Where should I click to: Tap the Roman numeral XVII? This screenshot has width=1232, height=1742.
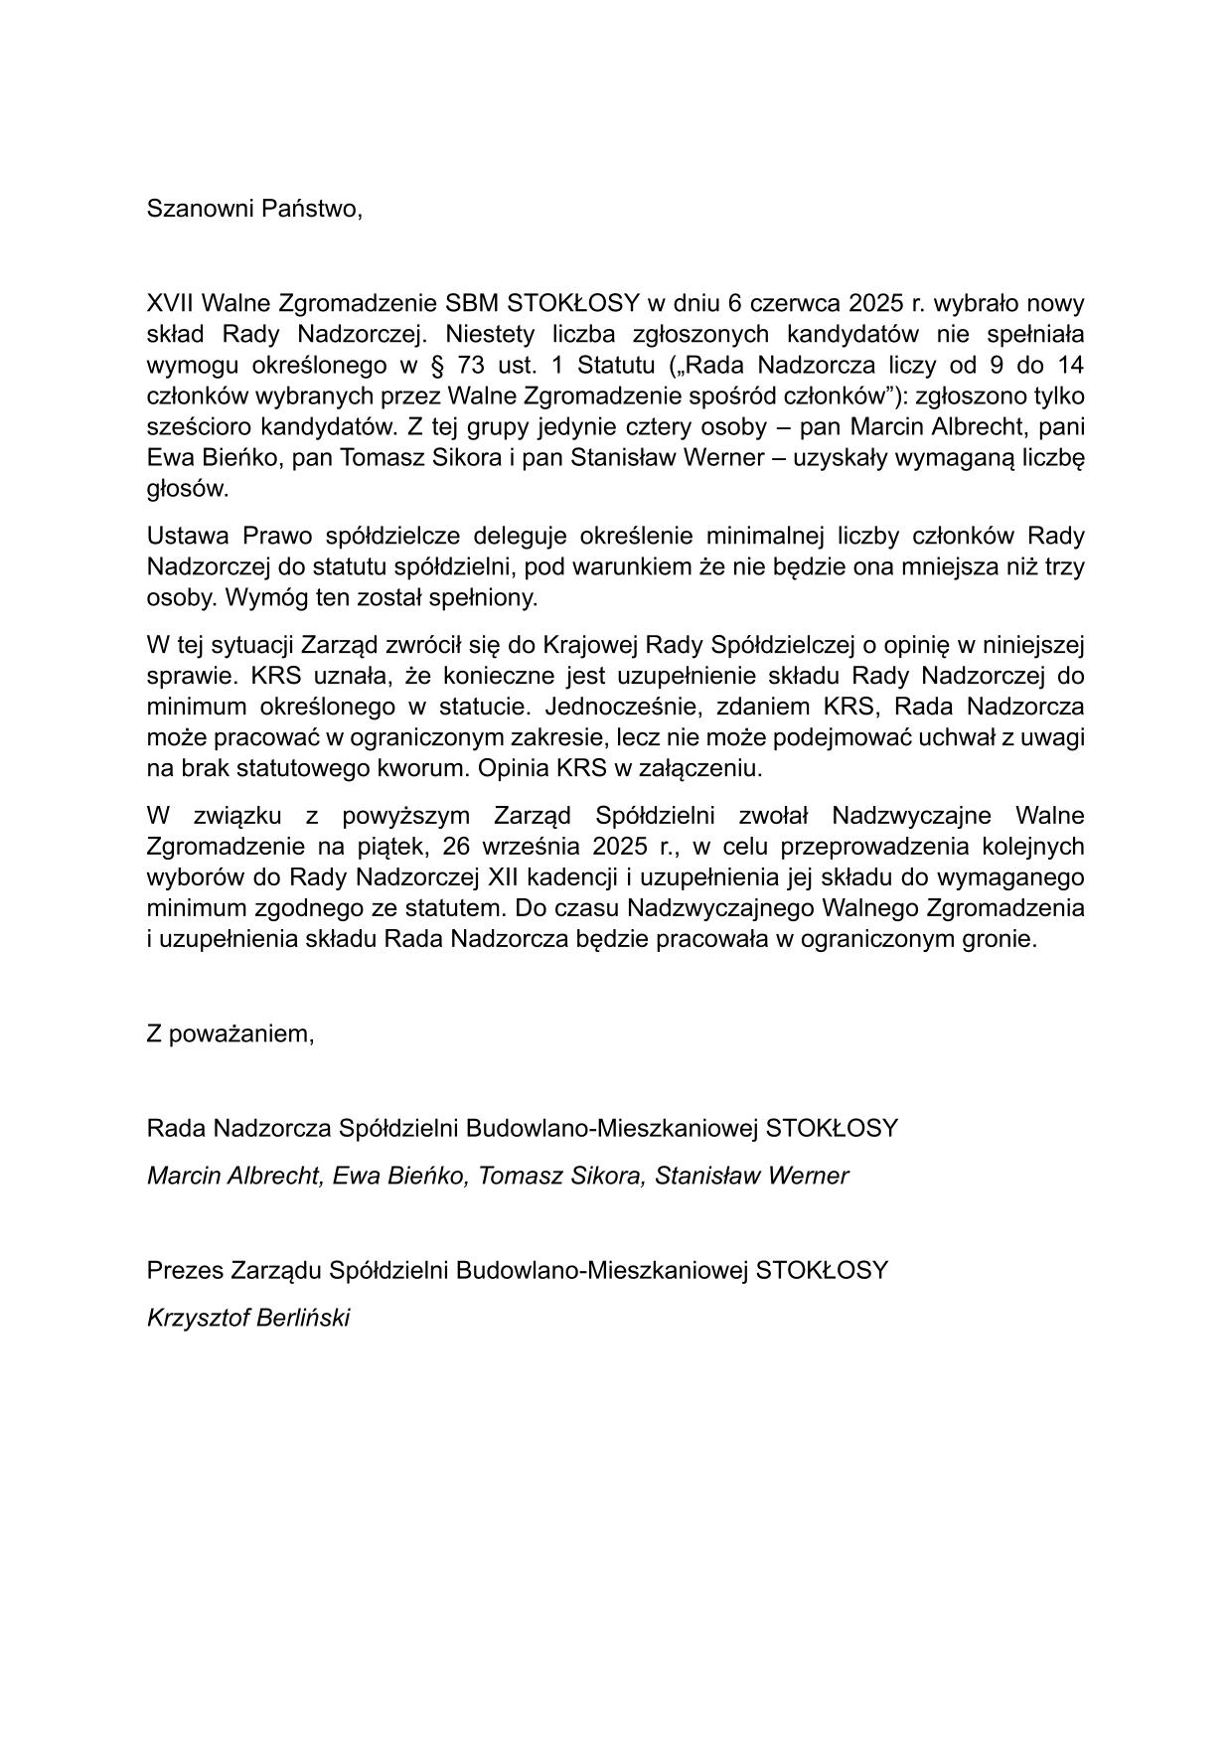[x=170, y=303]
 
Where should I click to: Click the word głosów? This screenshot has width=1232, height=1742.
[x=187, y=489]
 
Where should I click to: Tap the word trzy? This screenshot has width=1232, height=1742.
[x=1063, y=567]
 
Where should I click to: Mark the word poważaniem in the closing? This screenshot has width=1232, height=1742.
[x=243, y=1033]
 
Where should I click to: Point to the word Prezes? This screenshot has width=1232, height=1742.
[x=186, y=1271]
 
